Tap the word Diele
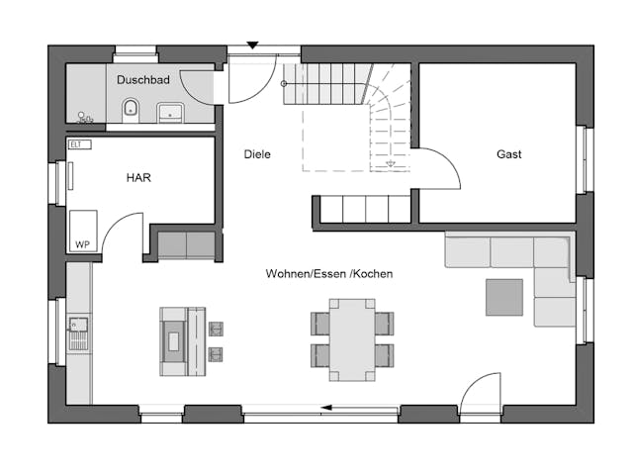[257, 154]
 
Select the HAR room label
[137, 177]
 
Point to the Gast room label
[509, 154]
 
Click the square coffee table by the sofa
[503, 297]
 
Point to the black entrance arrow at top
[253, 45]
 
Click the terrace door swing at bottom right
[479, 391]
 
